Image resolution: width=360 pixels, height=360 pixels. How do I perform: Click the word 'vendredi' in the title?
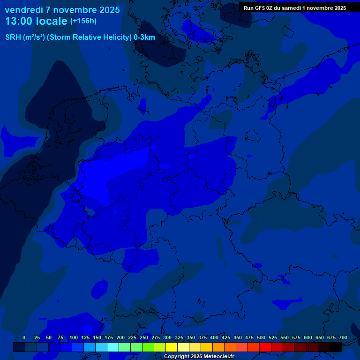tap(25, 10)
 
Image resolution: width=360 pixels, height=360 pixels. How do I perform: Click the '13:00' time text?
tap(20, 21)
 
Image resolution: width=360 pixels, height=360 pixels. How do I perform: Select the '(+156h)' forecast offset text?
tap(83, 21)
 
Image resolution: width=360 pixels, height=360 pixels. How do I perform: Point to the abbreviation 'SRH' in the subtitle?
tap(13, 37)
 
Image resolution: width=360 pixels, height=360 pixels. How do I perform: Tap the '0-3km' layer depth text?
tap(144, 37)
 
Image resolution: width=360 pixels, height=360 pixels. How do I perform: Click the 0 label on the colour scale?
tap(24, 337)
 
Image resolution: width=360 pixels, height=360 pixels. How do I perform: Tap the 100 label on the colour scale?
tap(74, 337)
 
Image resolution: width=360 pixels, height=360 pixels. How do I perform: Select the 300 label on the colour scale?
tap(167, 337)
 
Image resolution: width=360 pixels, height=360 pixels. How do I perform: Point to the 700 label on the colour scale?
tap(343, 337)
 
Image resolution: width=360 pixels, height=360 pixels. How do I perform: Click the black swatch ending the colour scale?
tap(336, 347)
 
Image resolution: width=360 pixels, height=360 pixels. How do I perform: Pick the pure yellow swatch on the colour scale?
tap(172, 347)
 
